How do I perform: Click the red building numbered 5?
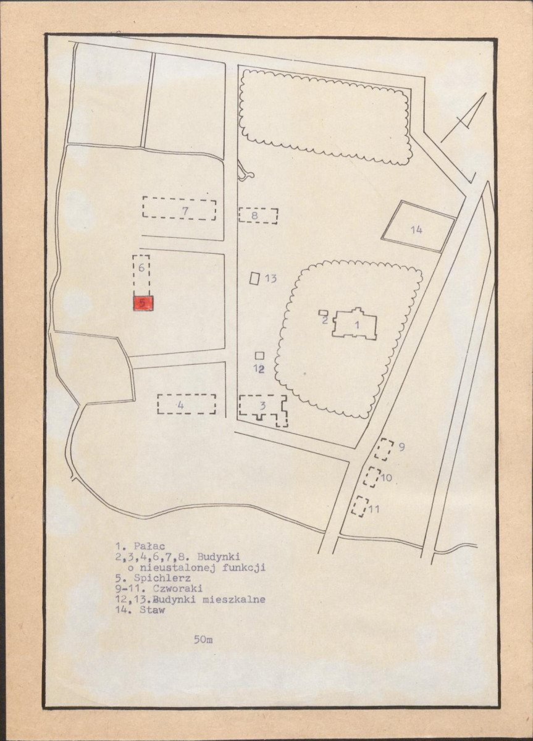[143, 303]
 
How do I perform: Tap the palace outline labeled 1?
[356, 324]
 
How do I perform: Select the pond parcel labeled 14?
[418, 226]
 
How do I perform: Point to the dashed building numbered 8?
[258, 216]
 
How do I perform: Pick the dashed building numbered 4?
[187, 404]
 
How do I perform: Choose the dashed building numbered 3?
[262, 408]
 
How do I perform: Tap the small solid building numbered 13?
[254, 278]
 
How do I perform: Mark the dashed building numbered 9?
[385, 449]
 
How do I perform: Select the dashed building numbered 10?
[372, 477]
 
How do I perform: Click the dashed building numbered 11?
[359, 506]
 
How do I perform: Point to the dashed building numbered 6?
[141, 274]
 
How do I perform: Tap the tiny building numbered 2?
[323, 312]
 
